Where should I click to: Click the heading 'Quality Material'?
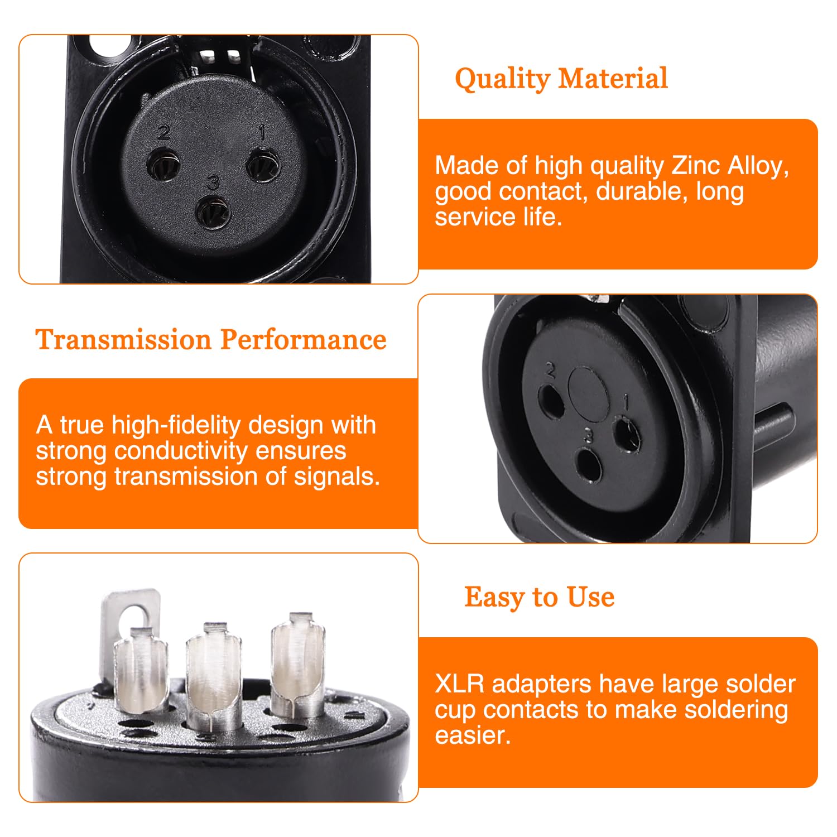pyautogui.click(x=561, y=79)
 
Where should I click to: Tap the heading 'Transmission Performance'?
pyautogui.click(x=211, y=339)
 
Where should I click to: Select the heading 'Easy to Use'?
pyautogui.click(x=540, y=597)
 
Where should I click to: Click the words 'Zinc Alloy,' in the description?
pyautogui.click(x=730, y=166)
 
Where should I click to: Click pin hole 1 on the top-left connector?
pyautogui.click(x=262, y=166)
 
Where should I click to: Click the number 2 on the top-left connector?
pyautogui.click(x=163, y=132)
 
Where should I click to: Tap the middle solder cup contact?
pyautogui.click(x=214, y=675)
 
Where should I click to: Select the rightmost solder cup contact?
pyautogui.click(x=297, y=664)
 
